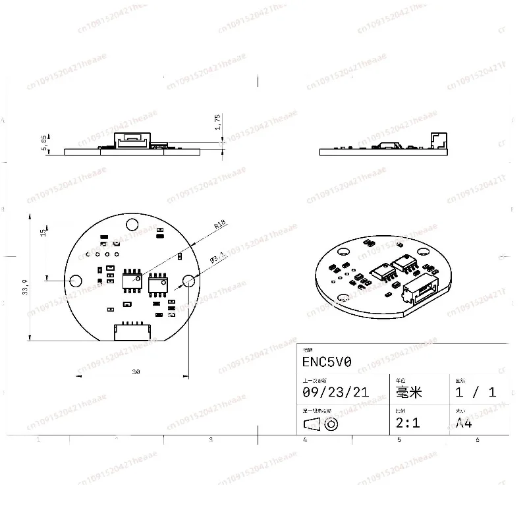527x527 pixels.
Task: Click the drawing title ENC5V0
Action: coord(327,362)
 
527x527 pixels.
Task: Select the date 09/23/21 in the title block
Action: coord(335,393)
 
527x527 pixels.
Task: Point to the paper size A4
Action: coord(464,423)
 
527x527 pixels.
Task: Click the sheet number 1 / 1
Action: coord(476,393)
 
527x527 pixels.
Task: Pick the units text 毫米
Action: coord(408,393)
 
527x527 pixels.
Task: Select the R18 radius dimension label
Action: coord(219,225)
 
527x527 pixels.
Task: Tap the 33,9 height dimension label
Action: coord(26,289)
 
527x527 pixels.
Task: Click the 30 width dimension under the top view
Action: coord(136,372)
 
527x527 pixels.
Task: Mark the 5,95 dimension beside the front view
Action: coord(45,143)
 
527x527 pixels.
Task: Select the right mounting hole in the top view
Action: coord(188,281)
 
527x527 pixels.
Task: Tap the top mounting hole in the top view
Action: coord(132,223)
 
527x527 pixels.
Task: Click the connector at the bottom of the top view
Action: coord(133,331)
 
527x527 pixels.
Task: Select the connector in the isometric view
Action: coord(420,291)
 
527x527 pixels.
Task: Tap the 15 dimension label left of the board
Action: coord(43,233)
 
